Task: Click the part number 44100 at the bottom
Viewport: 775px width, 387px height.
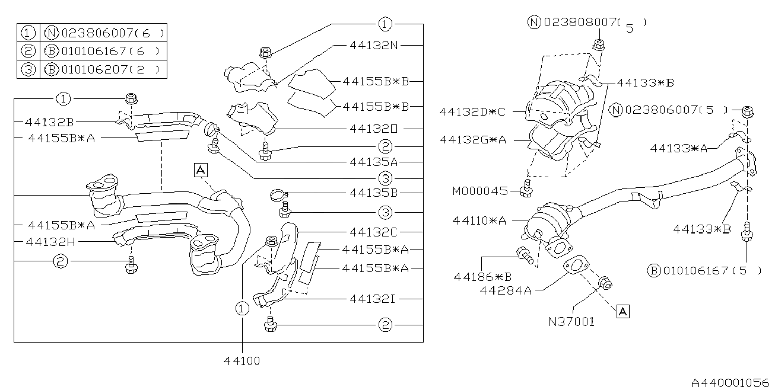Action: (242, 360)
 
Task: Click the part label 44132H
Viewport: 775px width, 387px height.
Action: (50, 241)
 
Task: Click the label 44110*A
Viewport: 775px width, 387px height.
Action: (479, 220)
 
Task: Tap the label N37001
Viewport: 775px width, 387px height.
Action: (571, 322)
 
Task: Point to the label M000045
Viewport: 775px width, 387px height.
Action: (479, 191)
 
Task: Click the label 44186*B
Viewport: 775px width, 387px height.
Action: (483, 276)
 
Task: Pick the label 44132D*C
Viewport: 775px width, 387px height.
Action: (472, 111)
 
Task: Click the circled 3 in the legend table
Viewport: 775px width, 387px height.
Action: (28, 69)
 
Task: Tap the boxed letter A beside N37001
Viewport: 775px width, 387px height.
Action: (622, 311)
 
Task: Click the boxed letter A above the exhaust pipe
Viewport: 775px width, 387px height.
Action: (201, 171)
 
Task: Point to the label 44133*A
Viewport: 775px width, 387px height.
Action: (678, 149)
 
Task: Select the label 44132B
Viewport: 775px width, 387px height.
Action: (49, 122)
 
